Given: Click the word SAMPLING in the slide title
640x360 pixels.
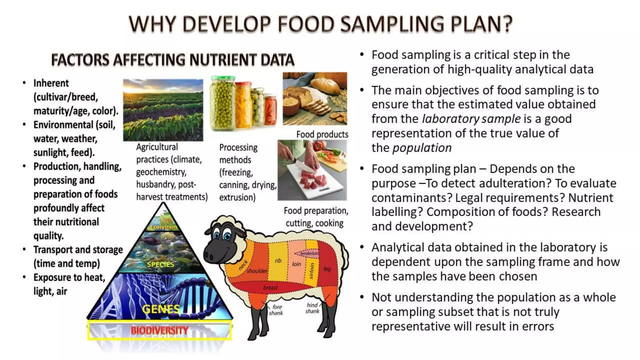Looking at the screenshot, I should (392, 24).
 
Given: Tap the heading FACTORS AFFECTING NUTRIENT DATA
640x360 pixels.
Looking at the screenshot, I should (172, 60).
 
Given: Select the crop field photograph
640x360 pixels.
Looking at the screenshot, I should (163, 110).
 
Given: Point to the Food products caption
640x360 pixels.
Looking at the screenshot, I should (322, 134).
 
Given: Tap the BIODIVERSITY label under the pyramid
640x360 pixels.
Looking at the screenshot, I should (159, 330).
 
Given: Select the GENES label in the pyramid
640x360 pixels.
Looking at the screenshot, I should (161, 309).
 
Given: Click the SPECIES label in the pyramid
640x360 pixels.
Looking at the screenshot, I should (160, 264).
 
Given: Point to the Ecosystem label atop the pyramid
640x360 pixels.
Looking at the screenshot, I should (163, 227).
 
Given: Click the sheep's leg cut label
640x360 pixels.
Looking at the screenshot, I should (327, 269).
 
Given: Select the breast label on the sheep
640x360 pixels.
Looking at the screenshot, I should (270, 287).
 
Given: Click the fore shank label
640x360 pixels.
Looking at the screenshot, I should (276, 310).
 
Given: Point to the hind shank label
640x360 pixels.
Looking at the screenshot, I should (312, 308).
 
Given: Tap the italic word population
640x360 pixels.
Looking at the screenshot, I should (422, 148).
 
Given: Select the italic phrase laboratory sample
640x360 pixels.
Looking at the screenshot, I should (471, 119).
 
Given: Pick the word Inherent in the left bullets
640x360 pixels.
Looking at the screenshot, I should (51, 83).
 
